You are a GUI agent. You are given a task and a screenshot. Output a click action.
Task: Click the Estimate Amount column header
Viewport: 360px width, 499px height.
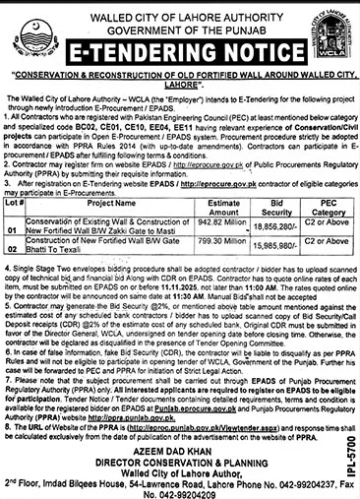pos(219,176)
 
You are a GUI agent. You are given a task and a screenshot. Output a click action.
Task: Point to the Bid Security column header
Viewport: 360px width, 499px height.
pos(276,176)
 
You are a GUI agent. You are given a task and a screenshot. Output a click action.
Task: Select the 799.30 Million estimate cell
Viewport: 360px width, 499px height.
pos(219,222)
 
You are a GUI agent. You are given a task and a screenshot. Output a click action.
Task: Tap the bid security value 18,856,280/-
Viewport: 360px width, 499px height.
pos(276,201)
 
